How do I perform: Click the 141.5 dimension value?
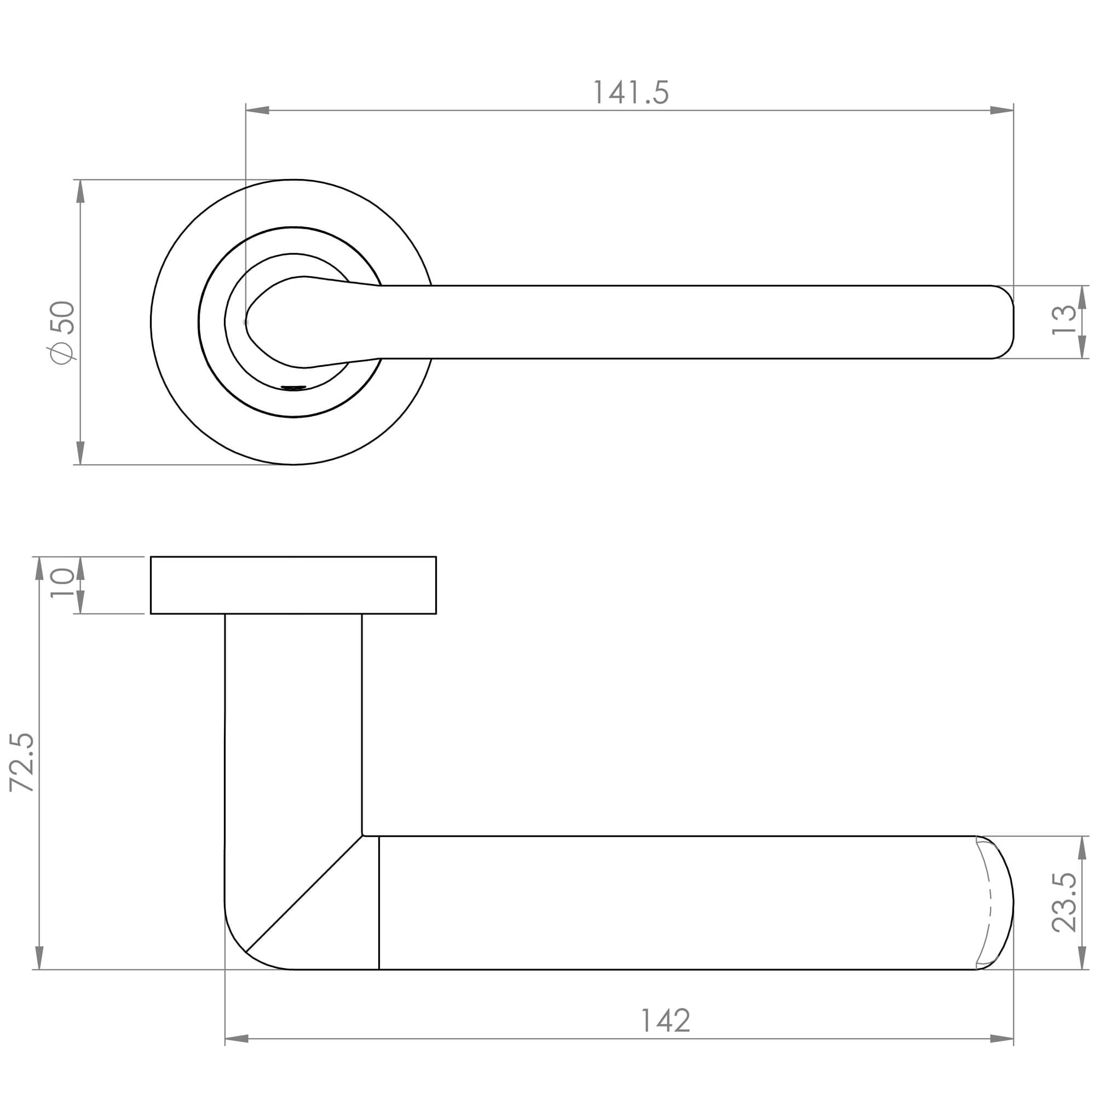[631, 93]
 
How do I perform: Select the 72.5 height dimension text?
[22, 762]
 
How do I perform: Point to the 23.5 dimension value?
[1064, 902]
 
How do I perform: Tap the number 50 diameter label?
[62, 318]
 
